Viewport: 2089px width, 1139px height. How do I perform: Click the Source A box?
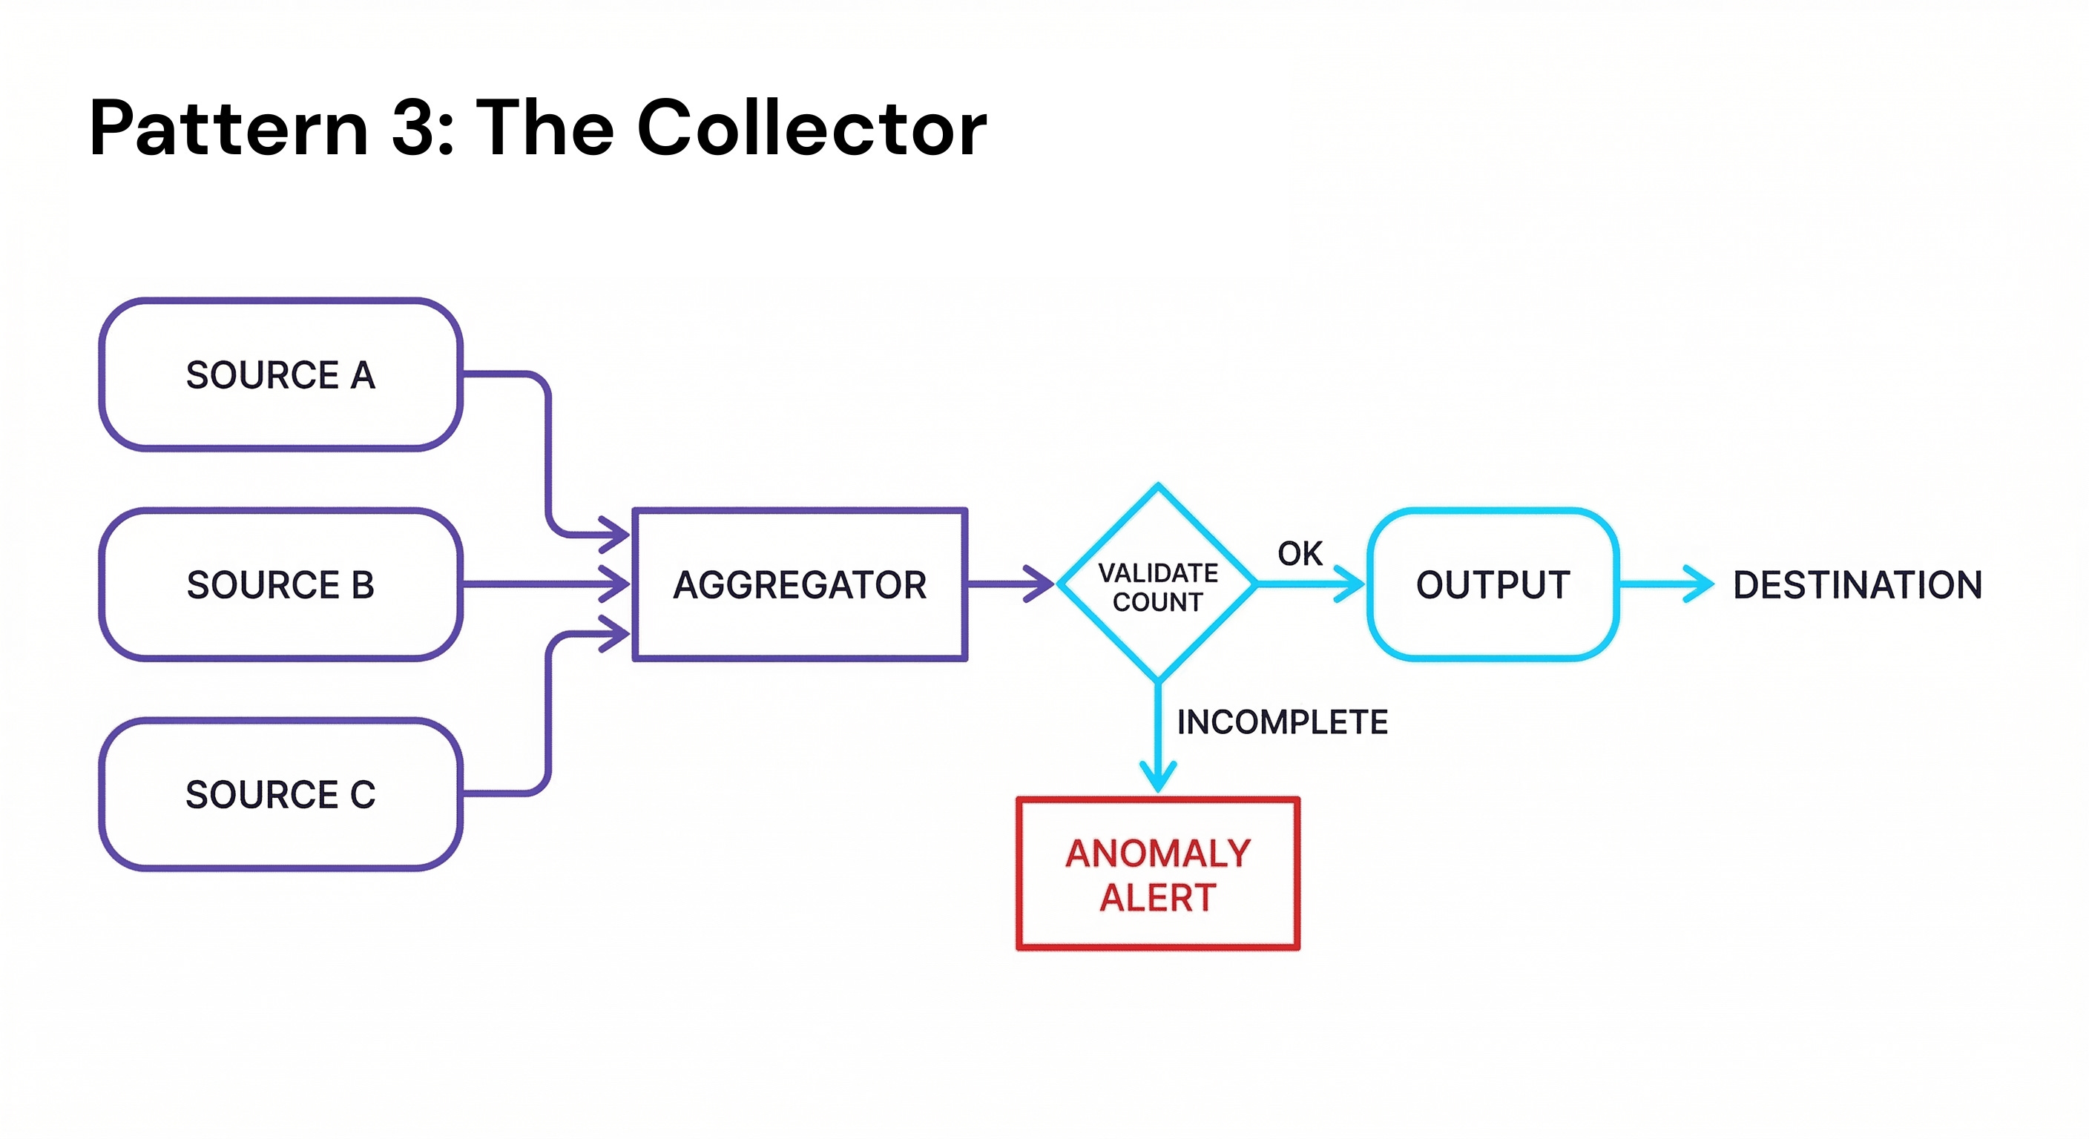coord(280,374)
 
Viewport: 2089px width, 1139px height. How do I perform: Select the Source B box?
coord(280,584)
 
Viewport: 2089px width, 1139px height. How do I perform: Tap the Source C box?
coord(280,794)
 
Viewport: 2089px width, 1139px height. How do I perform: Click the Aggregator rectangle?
coord(800,584)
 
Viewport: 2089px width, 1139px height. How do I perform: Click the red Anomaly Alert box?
coord(1158,874)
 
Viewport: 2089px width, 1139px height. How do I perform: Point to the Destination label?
coord(1857,584)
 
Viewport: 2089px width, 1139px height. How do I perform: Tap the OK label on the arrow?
coord(1299,554)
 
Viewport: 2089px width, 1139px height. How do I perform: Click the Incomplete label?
coord(1282,722)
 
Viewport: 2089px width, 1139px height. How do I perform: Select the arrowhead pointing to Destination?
coord(1698,584)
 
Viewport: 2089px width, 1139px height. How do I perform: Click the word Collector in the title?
coord(812,128)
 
